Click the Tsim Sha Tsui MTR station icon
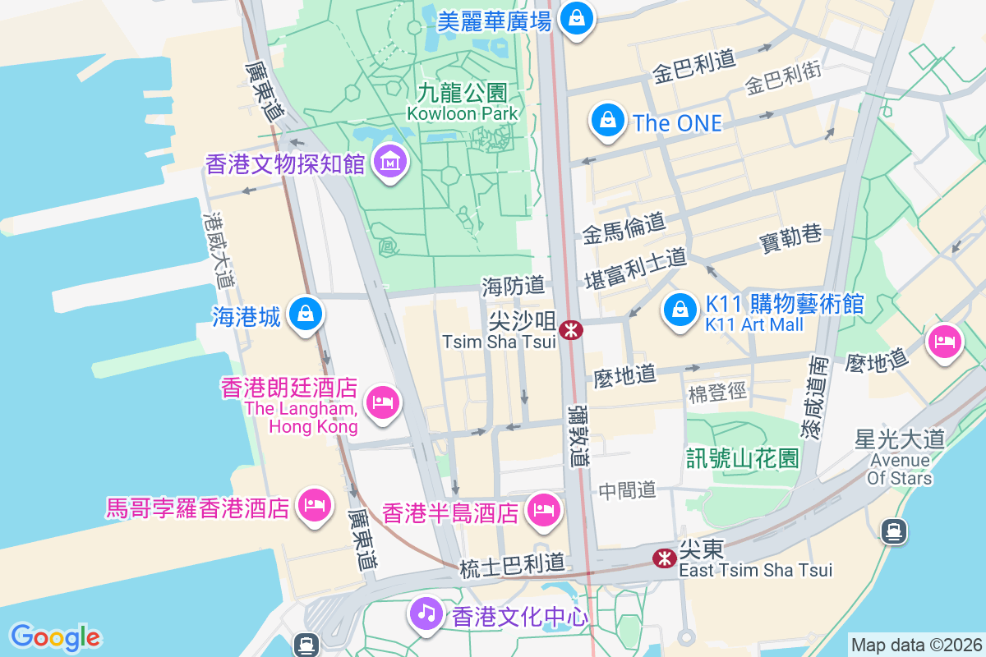tap(570, 331)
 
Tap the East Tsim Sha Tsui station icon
tap(663, 558)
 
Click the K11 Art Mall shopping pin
tap(680, 310)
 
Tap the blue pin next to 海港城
tap(306, 314)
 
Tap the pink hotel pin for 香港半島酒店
tap(544, 511)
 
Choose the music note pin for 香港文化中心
tap(426, 613)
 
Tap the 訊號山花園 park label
tap(743, 458)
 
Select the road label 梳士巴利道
tap(513, 564)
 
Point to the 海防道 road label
tap(514, 286)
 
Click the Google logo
tap(55, 637)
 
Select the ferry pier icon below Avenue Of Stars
tap(893, 532)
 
